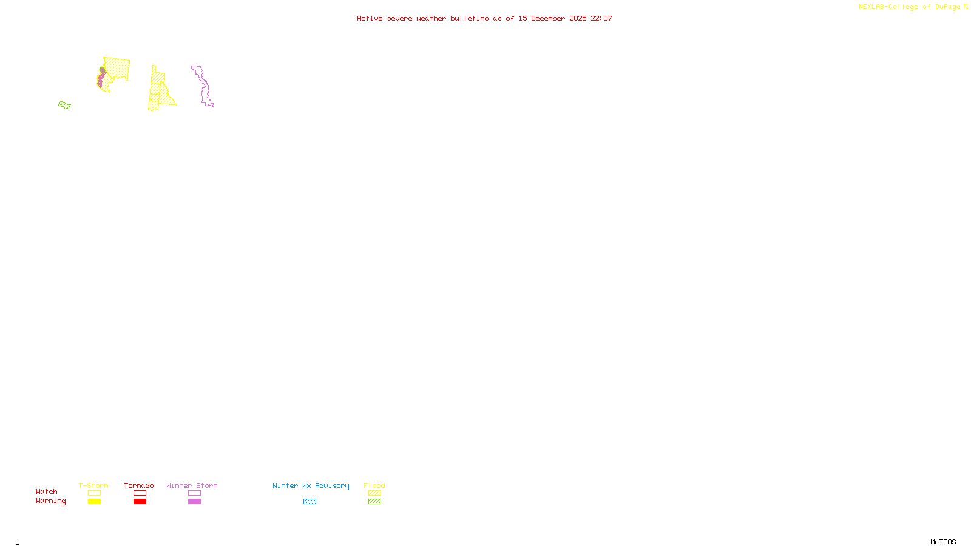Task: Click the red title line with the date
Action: click(x=484, y=18)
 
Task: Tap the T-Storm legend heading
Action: click(x=93, y=485)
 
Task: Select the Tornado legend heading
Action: click(x=139, y=485)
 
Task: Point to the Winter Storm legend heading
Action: click(x=192, y=485)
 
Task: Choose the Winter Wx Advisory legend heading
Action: click(x=311, y=485)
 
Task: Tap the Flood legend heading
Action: click(x=374, y=485)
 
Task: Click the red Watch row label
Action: click(x=47, y=491)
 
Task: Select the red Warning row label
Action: click(x=51, y=501)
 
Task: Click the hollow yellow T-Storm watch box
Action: click(x=94, y=493)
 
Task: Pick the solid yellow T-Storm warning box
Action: click(x=94, y=502)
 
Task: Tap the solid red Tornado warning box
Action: click(x=140, y=502)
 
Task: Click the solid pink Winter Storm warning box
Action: click(x=194, y=502)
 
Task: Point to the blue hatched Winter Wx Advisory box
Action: click(x=310, y=502)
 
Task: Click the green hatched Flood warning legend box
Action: click(x=374, y=502)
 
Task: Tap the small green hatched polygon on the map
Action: click(x=64, y=105)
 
